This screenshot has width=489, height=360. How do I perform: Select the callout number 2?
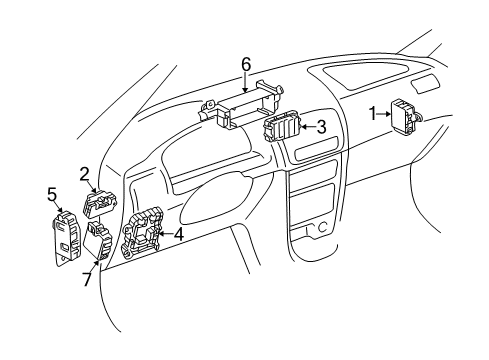click(85, 172)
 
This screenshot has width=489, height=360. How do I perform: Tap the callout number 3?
click(321, 127)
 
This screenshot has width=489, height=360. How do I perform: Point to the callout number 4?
click(178, 235)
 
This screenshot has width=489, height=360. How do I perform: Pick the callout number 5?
click(51, 195)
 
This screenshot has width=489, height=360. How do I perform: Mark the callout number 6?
click(245, 64)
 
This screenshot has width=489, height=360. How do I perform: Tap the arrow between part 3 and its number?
click(308, 127)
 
